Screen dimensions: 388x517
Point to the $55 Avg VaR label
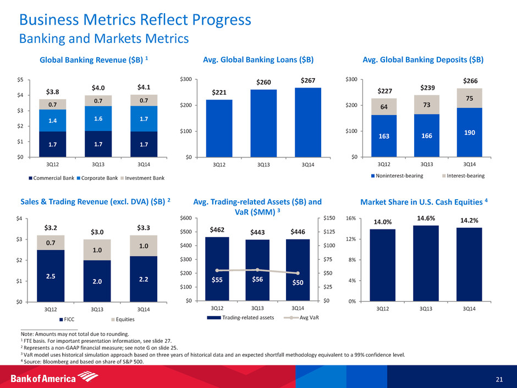tap(218, 281)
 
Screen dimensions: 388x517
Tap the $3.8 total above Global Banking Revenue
tap(51, 92)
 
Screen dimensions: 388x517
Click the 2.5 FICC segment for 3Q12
tap(51, 275)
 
